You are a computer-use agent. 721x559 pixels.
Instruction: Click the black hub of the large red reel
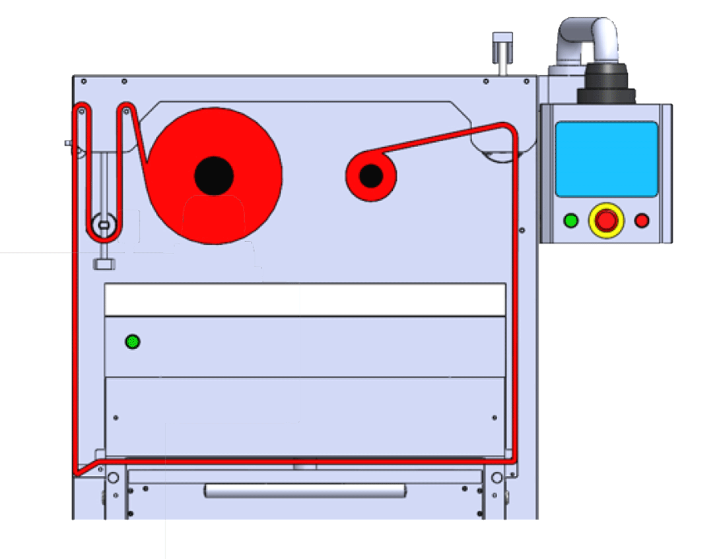click(214, 176)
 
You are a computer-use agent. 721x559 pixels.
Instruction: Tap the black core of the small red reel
click(370, 176)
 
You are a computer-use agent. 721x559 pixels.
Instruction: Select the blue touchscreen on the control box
click(606, 159)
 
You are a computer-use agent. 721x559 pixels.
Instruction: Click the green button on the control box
click(571, 220)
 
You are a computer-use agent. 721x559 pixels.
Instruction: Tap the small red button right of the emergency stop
click(642, 220)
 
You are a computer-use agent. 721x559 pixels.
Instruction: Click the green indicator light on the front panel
click(133, 342)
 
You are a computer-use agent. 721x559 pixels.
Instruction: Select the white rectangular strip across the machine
click(305, 300)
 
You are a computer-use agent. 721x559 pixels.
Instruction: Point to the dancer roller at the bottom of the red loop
click(103, 225)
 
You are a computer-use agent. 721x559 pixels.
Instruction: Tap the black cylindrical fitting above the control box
click(605, 84)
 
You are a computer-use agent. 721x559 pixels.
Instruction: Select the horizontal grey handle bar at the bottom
click(304, 490)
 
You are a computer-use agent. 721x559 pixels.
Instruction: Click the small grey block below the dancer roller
click(104, 264)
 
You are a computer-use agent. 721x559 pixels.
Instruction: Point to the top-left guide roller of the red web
click(82, 112)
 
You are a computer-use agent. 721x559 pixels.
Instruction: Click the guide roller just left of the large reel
click(125, 112)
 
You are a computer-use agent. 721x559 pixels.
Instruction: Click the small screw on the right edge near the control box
click(522, 230)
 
